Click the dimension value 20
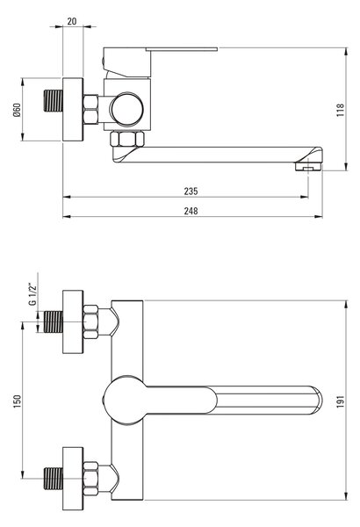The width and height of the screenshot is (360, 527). pyautogui.click(x=72, y=21)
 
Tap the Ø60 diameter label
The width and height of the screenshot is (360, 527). pyautogui.click(x=17, y=110)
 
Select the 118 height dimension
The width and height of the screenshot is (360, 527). pyautogui.click(x=341, y=110)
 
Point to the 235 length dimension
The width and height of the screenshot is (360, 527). pyautogui.click(x=191, y=191)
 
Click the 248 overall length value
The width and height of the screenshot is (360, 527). pyautogui.click(x=191, y=211)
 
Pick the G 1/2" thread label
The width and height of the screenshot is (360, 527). pyautogui.click(x=32, y=295)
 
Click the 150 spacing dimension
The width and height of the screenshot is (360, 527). pyautogui.click(x=17, y=401)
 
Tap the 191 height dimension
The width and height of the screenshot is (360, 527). pyautogui.click(x=341, y=401)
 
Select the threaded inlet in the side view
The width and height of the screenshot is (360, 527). pyautogui.click(x=54, y=100)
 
